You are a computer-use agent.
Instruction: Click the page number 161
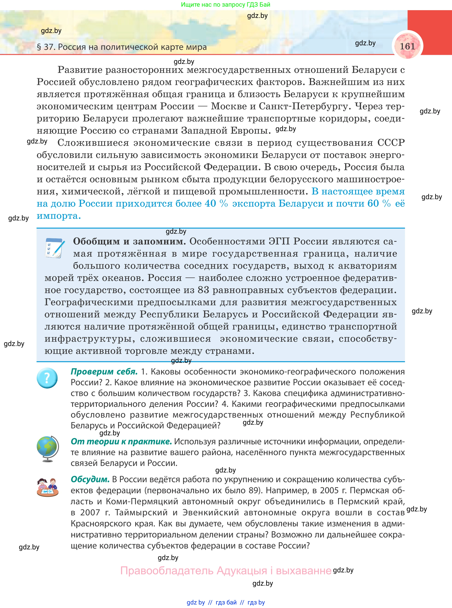(407, 46)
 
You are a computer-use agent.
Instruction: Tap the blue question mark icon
(47, 378)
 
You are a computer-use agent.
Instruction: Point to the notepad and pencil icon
(54, 248)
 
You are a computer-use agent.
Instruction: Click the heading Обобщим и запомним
(129, 241)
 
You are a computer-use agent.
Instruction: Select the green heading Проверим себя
(104, 371)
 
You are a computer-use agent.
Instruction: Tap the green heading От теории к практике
(121, 442)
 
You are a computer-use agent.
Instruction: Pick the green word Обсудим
(90, 479)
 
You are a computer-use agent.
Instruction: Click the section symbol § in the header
(39, 47)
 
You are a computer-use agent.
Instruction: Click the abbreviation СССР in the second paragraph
(391, 143)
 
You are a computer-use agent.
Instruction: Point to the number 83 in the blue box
(203, 290)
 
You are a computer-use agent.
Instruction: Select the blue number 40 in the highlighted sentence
(210, 203)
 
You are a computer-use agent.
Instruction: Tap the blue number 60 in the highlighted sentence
(373, 203)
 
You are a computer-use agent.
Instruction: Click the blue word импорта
(59, 216)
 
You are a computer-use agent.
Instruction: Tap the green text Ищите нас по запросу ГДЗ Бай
(225, 5)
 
